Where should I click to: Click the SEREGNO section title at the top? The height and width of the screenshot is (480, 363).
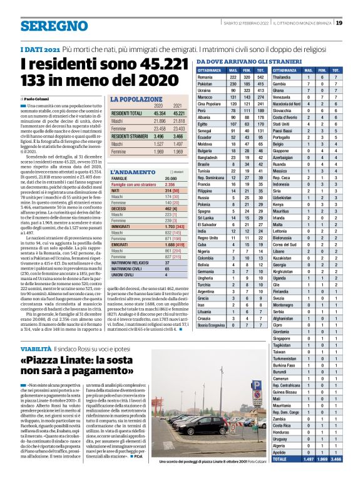[53, 26]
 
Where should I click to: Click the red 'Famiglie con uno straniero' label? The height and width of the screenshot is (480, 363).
[133, 185]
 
